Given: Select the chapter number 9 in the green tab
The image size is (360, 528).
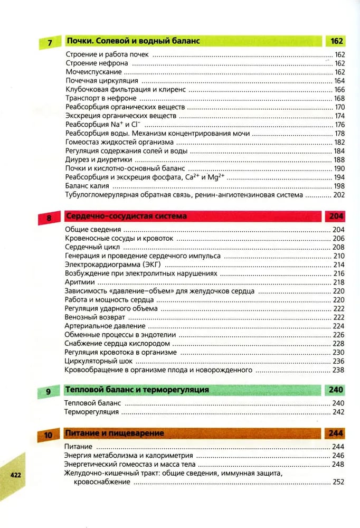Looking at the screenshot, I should pos(48,391).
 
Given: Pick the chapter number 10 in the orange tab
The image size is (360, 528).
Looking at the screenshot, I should pos(48,435).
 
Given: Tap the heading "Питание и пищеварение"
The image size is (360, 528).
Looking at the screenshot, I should pos(114,433).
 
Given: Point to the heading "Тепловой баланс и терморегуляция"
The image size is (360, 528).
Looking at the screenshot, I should pos(137,390).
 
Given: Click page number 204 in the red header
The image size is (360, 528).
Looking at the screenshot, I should pos(336,216).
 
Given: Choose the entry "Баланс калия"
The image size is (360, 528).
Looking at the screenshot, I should pos(87,186).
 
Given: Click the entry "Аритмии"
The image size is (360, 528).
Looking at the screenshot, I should pos(80,282).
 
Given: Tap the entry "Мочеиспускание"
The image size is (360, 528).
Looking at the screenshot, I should pos(93,72).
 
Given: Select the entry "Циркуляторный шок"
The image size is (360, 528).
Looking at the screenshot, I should pos(98,361).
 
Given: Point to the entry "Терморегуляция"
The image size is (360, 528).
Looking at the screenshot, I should pos(91,412).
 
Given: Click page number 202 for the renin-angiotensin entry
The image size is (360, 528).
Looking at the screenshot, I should pos(339,195).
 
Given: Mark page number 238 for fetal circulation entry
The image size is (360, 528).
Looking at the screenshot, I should pos(339,371).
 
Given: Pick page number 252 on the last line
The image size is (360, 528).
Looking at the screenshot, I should pos(339,482).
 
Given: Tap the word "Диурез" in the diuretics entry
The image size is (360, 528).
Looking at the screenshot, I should pos(77,159).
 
